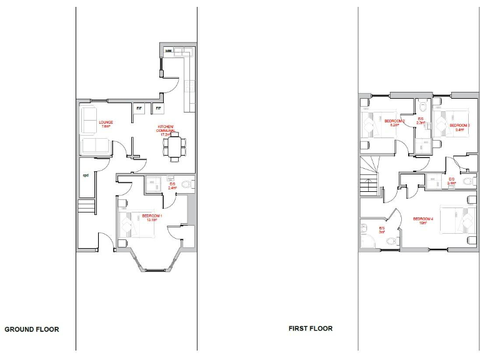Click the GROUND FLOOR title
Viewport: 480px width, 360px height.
tap(32, 329)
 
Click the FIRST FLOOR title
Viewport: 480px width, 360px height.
tap(311, 328)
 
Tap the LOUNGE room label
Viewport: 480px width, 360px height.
tap(105, 122)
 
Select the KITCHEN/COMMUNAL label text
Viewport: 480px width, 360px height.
tap(166, 128)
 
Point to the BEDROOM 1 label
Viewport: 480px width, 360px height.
tap(152, 216)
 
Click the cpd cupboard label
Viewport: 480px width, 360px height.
tap(86, 176)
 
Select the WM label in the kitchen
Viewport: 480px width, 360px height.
tap(168, 51)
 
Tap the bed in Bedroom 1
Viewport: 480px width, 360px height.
tap(141, 226)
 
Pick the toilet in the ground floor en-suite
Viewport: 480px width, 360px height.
tap(188, 184)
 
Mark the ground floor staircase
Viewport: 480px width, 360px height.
tap(86, 207)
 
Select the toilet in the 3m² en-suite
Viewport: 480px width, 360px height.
tap(391, 240)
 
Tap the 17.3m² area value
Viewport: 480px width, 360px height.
tap(166, 134)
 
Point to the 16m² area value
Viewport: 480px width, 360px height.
tap(422, 223)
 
